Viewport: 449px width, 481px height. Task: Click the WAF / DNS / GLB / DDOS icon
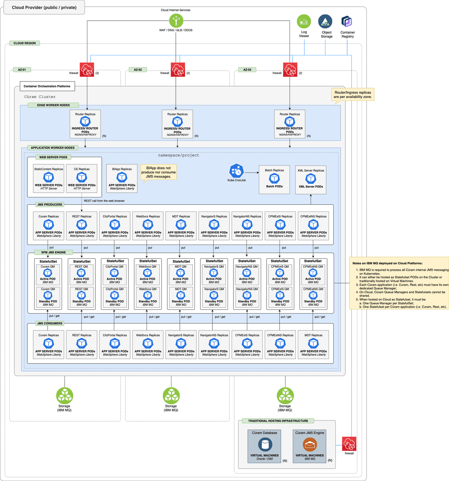[x=176, y=21]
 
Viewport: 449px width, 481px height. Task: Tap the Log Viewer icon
[x=304, y=21]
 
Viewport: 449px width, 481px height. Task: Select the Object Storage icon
[x=325, y=21]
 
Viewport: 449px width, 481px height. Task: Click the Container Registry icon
[x=347, y=21]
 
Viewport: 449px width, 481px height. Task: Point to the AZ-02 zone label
[x=138, y=70]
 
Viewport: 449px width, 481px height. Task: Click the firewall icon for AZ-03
[x=290, y=70]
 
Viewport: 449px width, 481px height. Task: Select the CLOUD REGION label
[x=25, y=43]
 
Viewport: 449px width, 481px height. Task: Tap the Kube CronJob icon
[x=237, y=171]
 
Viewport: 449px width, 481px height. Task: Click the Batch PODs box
[x=274, y=179]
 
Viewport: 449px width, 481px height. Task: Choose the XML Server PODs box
[x=311, y=180]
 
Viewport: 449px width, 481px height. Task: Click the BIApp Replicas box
[x=122, y=179]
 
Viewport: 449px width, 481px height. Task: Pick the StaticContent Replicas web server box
[x=49, y=179]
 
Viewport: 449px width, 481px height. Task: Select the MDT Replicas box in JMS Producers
[x=181, y=226]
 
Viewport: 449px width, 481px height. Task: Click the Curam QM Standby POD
[x=48, y=298]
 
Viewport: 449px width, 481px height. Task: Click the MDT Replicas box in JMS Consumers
[x=313, y=344]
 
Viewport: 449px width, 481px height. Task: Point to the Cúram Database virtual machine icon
[x=265, y=444]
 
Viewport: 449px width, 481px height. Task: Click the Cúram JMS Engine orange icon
[x=310, y=444]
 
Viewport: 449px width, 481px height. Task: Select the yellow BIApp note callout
[x=159, y=172]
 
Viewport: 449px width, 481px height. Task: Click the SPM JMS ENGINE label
[x=53, y=252]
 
